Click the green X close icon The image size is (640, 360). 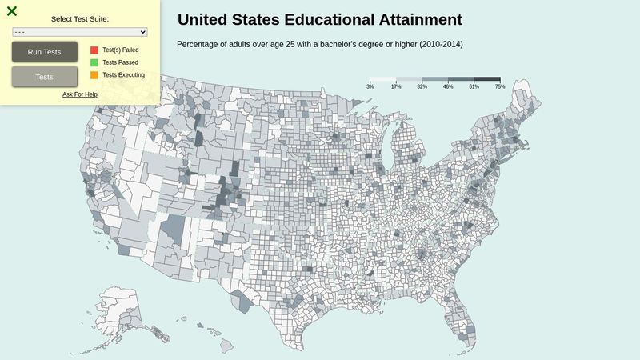(12, 11)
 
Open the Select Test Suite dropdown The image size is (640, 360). (80, 32)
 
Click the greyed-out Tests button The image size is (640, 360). (45, 77)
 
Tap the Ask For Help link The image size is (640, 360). (80, 94)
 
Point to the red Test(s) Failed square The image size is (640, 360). (94, 50)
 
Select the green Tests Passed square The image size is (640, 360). (94, 62)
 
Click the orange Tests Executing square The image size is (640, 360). (94, 75)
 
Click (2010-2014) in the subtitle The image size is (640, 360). (435, 44)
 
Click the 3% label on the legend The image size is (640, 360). (370, 86)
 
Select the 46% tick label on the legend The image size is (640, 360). (448, 86)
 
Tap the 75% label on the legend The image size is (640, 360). (500, 86)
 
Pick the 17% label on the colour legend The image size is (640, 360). (396, 86)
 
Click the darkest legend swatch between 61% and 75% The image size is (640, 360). (487, 79)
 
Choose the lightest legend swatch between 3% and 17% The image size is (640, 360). (383, 79)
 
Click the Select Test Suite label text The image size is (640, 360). (80, 18)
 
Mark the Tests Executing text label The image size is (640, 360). (124, 75)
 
